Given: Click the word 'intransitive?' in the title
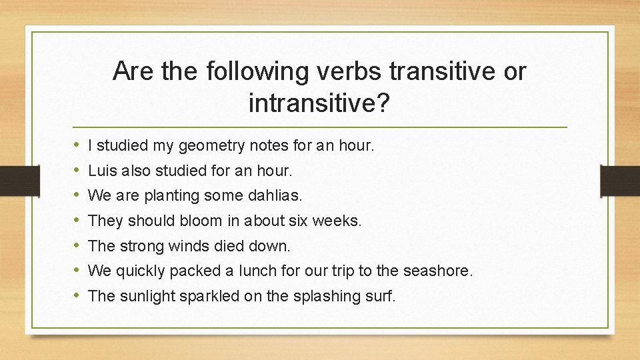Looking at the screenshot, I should pos(319,103).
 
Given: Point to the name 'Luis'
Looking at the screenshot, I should pos(101,170).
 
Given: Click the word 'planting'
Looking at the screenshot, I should pos(168,195).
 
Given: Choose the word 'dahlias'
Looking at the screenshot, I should pos(275,195).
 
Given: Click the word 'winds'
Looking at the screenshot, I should pos(191,246).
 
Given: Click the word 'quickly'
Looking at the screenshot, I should pos(140,271).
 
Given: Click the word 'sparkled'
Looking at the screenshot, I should pos(209,296).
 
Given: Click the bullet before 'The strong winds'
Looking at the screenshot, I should pos(77,246).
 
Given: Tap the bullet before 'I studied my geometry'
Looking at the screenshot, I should pos(77,145).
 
